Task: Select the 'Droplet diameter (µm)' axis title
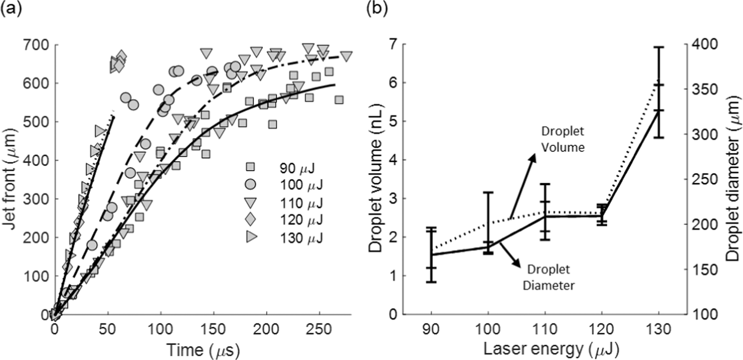(x=732, y=179)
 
